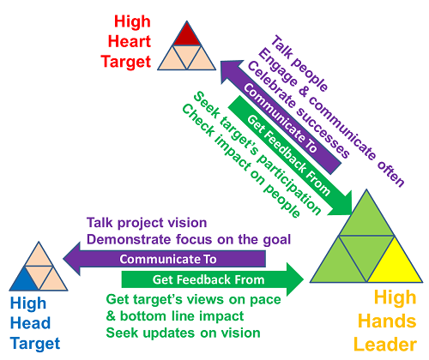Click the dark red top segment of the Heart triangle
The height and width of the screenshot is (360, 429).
[187, 36]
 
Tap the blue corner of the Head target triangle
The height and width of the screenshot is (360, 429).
[24, 281]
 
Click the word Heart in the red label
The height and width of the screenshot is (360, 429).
[130, 41]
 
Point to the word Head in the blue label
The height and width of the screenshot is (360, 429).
[30, 323]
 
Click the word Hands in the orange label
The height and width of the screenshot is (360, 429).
[387, 321]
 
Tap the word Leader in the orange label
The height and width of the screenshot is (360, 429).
[385, 345]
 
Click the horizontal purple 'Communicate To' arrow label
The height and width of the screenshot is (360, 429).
[168, 259]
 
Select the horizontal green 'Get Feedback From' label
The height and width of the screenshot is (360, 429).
[208, 279]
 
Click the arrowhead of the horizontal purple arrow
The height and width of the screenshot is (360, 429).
[71, 259]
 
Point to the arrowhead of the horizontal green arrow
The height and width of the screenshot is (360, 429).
[295, 279]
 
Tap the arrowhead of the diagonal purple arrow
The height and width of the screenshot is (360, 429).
[230, 70]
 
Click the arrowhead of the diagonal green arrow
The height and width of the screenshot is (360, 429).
[342, 205]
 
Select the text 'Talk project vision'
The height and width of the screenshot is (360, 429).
[147, 223]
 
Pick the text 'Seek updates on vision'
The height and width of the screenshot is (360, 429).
[183, 333]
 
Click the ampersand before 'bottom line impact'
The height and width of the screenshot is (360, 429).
[111, 316]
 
